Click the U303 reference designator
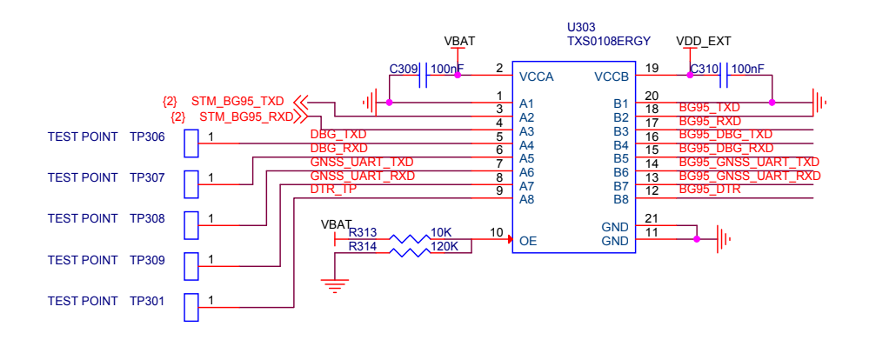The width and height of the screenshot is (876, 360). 581,27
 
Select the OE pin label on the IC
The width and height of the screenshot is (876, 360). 527,240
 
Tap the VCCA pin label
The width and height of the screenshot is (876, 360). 536,77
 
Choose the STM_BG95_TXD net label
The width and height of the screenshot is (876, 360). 237,101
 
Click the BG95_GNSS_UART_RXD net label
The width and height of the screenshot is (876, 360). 749,176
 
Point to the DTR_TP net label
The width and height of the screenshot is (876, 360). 333,190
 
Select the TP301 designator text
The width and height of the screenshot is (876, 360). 147,301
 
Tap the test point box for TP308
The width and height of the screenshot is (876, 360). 191,224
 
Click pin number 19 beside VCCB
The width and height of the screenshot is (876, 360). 652,68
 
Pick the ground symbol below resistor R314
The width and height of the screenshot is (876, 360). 335,283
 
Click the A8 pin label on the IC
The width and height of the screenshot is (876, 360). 526,199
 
